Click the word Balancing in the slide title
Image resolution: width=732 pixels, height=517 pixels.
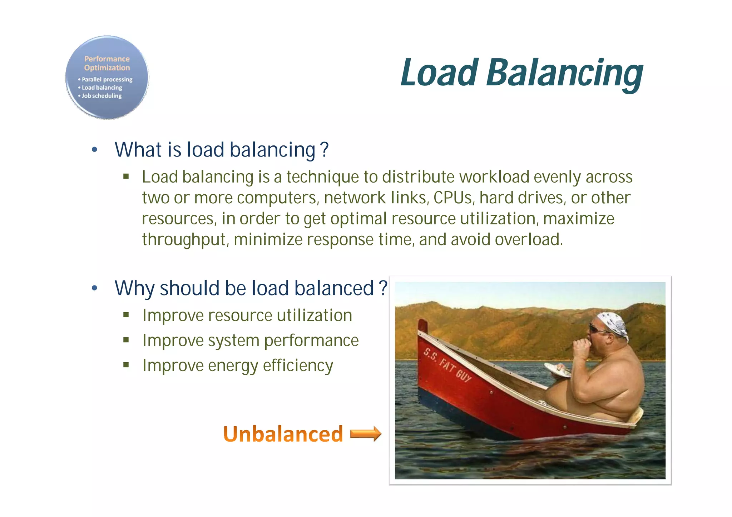click(565, 73)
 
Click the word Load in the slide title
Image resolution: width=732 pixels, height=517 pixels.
click(440, 73)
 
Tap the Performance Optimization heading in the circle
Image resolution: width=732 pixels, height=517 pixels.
click(107, 63)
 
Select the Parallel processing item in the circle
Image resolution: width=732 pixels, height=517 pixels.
click(107, 79)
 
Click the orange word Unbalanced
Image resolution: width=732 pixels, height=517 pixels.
click(283, 434)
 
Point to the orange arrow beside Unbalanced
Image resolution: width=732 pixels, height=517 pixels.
click(366, 434)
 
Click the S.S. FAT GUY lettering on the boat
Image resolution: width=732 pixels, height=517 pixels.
click(447, 364)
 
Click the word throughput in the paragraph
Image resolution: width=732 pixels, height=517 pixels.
click(184, 239)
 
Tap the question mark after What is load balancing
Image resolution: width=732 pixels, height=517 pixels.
click(324, 150)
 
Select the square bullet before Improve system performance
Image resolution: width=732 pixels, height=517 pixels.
click(126, 340)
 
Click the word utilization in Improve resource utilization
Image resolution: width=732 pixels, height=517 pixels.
click(314, 315)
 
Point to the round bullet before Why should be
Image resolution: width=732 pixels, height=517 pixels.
click(94, 288)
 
